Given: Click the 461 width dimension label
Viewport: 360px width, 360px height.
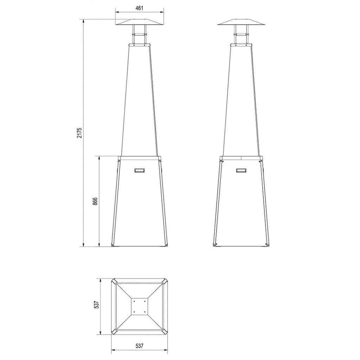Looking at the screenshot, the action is pyautogui.click(x=139, y=8).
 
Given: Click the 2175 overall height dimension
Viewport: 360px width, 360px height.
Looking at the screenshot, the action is pyautogui.click(x=79, y=133).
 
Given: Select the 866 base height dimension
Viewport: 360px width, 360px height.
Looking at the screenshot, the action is pyautogui.click(x=95, y=201).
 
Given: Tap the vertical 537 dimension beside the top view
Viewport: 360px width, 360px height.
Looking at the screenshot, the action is pyautogui.click(x=96, y=304).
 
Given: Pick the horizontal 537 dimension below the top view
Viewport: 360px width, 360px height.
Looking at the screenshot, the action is pyautogui.click(x=139, y=346).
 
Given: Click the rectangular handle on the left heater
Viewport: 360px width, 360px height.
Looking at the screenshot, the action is pyautogui.click(x=140, y=170).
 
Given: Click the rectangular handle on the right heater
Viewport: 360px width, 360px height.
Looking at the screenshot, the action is pyautogui.click(x=241, y=170).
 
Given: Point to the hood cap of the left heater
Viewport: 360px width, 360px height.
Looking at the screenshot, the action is pyautogui.click(x=139, y=22).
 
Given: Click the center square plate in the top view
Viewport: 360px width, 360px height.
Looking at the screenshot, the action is pyautogui.click(x=139, y=307).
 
